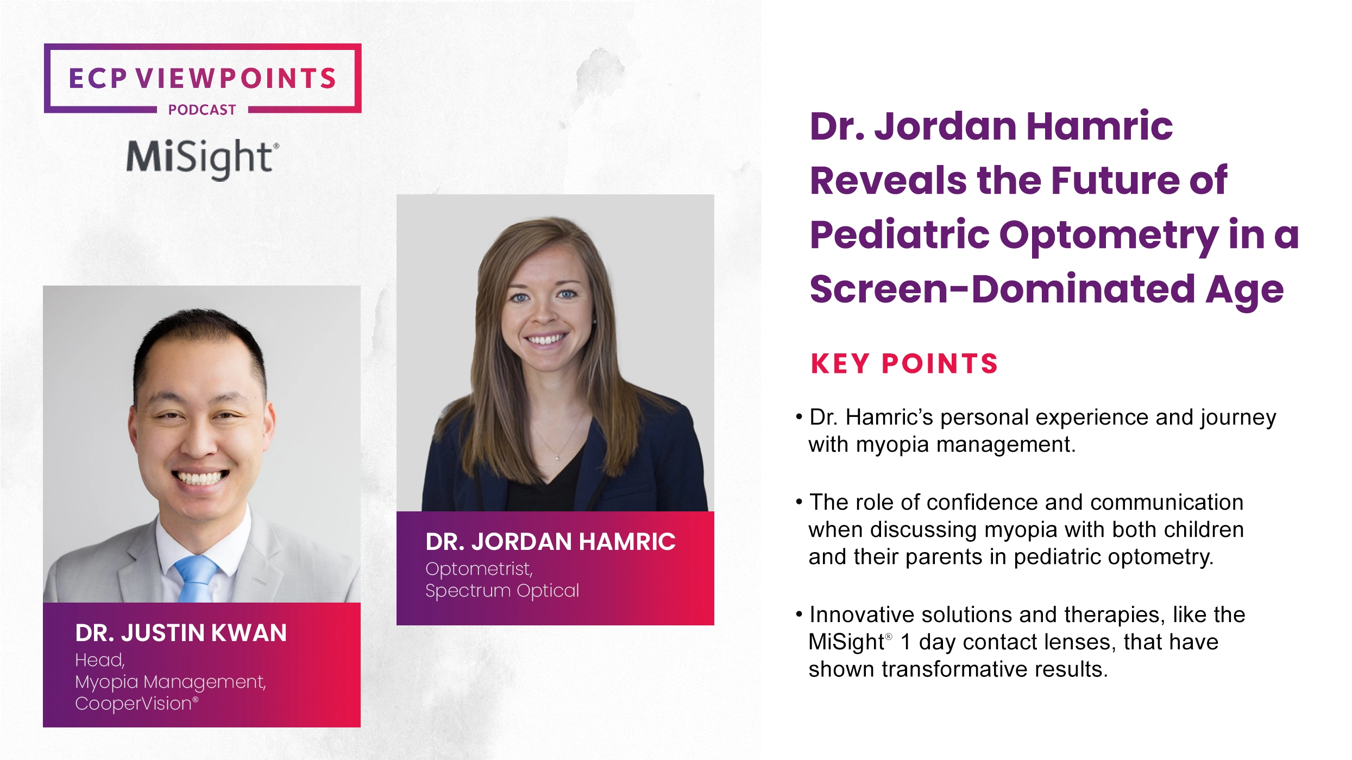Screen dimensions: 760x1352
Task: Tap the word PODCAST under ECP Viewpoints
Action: (x=202, y=110)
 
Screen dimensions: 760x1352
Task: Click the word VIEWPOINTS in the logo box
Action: (x=236, y=79)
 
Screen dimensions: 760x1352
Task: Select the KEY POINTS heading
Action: (x=904, y=364)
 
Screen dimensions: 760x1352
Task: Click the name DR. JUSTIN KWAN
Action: (x=181, y=633)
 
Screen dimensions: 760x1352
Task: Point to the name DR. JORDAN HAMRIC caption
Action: (x=550, y=542)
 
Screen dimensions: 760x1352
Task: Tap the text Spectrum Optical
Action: (x=502, y=591)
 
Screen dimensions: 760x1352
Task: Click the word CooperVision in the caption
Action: (x=134, y=704)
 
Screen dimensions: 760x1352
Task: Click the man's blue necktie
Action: (x=196, y=578)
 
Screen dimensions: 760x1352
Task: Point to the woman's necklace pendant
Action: (x=557, y=458)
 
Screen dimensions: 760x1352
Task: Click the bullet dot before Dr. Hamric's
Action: (x=799, y=417)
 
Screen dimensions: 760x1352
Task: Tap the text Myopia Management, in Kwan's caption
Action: (x=171, y=682)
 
